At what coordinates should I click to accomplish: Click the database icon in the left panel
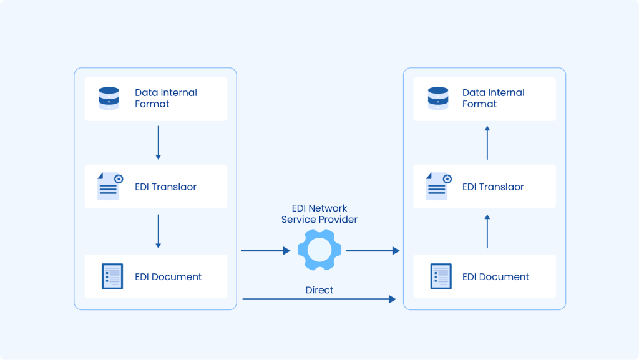tap(109, 99)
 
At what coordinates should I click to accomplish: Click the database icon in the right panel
tap(438, 99)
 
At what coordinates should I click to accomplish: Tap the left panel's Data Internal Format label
tap(165, 99)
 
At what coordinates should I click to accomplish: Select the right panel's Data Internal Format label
tap(493, 99)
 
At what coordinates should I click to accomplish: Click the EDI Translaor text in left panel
tap(165, 187)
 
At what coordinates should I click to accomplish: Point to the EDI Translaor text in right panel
tap(493, 187)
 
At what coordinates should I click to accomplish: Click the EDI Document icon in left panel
tap(112, 276)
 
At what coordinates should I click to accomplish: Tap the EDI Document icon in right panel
tap(441, 276)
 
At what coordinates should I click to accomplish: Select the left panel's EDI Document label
tap(168, 277)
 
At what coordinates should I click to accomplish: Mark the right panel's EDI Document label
tap(495, 277)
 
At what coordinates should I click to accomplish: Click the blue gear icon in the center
tap(319, 250)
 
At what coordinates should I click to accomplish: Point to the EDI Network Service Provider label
tap(319, 214)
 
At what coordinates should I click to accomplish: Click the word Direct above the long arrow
tap(319, 290)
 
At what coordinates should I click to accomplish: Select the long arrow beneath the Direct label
tap(319, 299)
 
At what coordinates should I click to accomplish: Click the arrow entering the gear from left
tap(265, 251)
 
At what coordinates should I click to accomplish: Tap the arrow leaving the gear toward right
tap(373, 251)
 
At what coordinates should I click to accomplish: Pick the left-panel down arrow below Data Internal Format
tap(158, 142)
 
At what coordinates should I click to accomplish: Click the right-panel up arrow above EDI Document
tap(487, 231)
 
